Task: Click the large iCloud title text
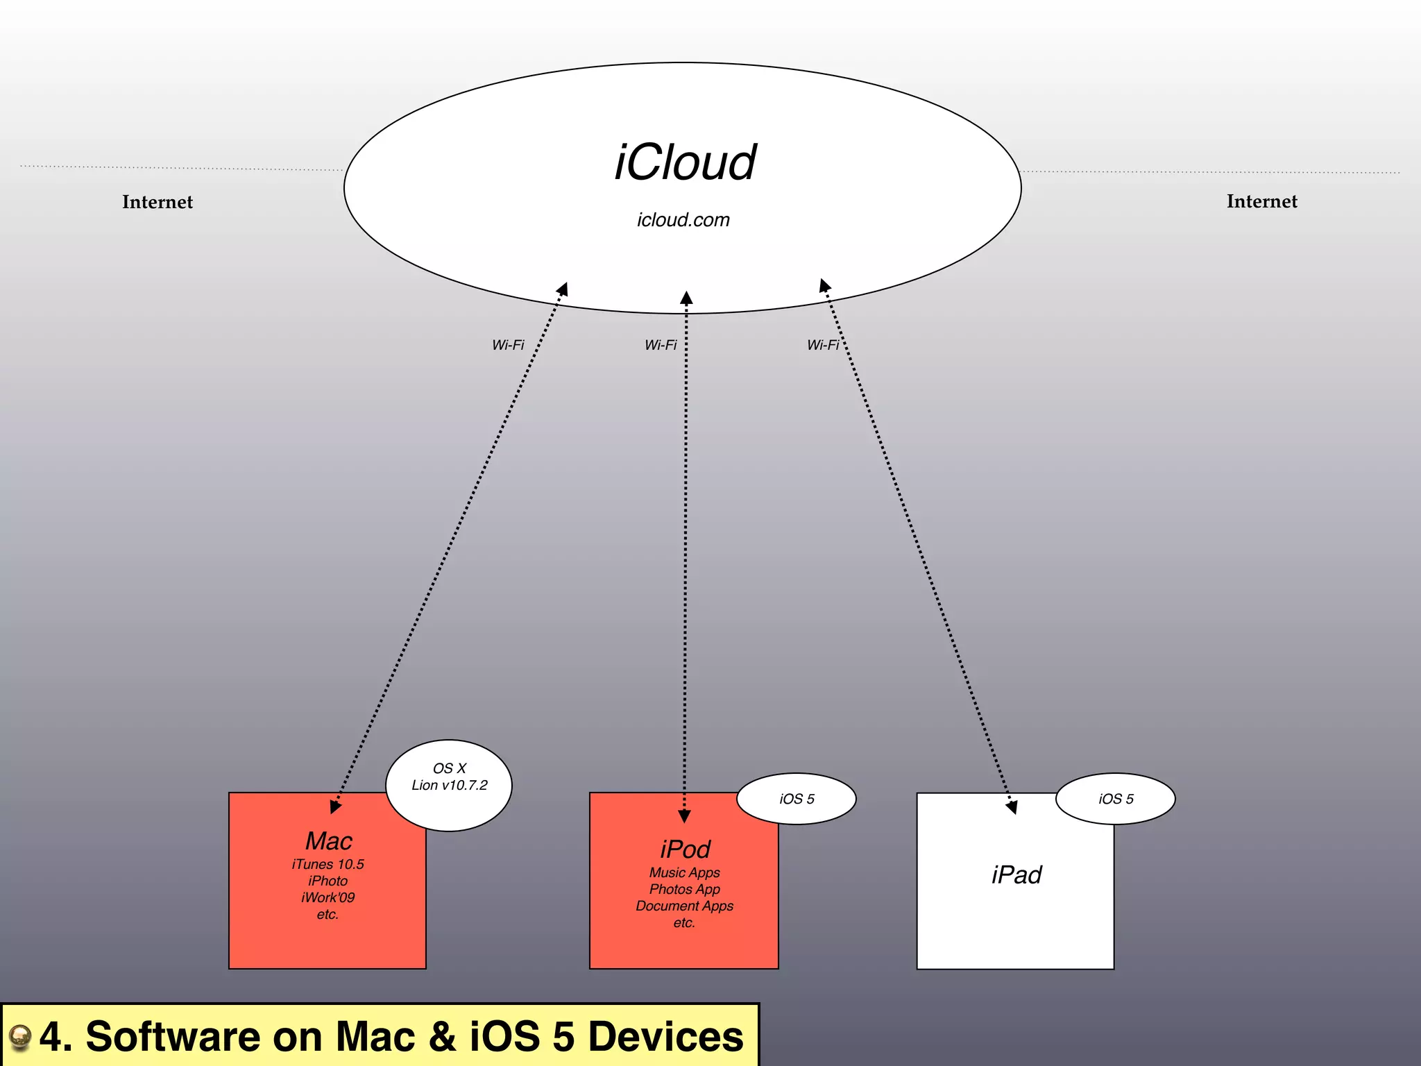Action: [x=685, y=163]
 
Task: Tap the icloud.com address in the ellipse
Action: [x=683, y=220]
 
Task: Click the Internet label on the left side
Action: [x=158, y=202]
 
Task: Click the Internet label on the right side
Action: [x=1261, y=201]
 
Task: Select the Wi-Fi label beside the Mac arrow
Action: [x=508, y=345]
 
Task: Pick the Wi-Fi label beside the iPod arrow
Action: [x=661, y=345]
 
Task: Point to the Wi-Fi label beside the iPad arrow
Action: [x=823, y=345]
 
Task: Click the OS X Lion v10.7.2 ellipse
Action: [x=449, y=785]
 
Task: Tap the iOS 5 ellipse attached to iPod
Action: [x=797, y=799]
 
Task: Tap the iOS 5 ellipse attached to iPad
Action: [x=1116, y=799]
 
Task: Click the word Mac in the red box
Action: [x=329, y=841]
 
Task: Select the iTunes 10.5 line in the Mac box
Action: [x=327, y=865]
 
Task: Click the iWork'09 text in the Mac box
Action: [x=327, y=898]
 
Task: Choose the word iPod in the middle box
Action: [x=685, y=849]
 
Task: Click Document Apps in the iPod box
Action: [x=684, y=906]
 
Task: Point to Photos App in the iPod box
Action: [x=684, y=890]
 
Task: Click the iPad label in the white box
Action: [x=1016, y=875]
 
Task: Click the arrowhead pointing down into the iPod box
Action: [x=684, y=816]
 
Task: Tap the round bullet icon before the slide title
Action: [x=20, y=1038]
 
